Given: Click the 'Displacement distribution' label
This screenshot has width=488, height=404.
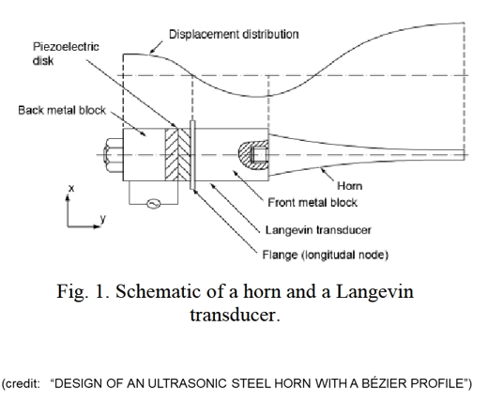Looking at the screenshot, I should pyautogui.click(x=234, y=35).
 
